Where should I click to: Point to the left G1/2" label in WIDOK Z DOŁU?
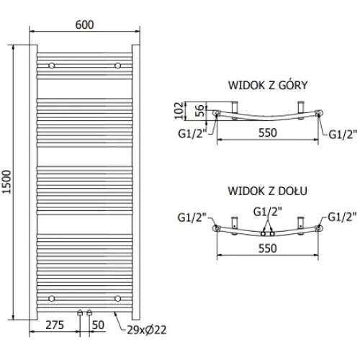click(193, 215)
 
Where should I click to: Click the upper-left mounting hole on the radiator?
click(51, 66)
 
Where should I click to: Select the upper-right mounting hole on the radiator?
click(117, 66)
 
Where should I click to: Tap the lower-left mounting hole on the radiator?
click(51, 297)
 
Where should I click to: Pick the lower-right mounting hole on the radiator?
click(117, 297)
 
